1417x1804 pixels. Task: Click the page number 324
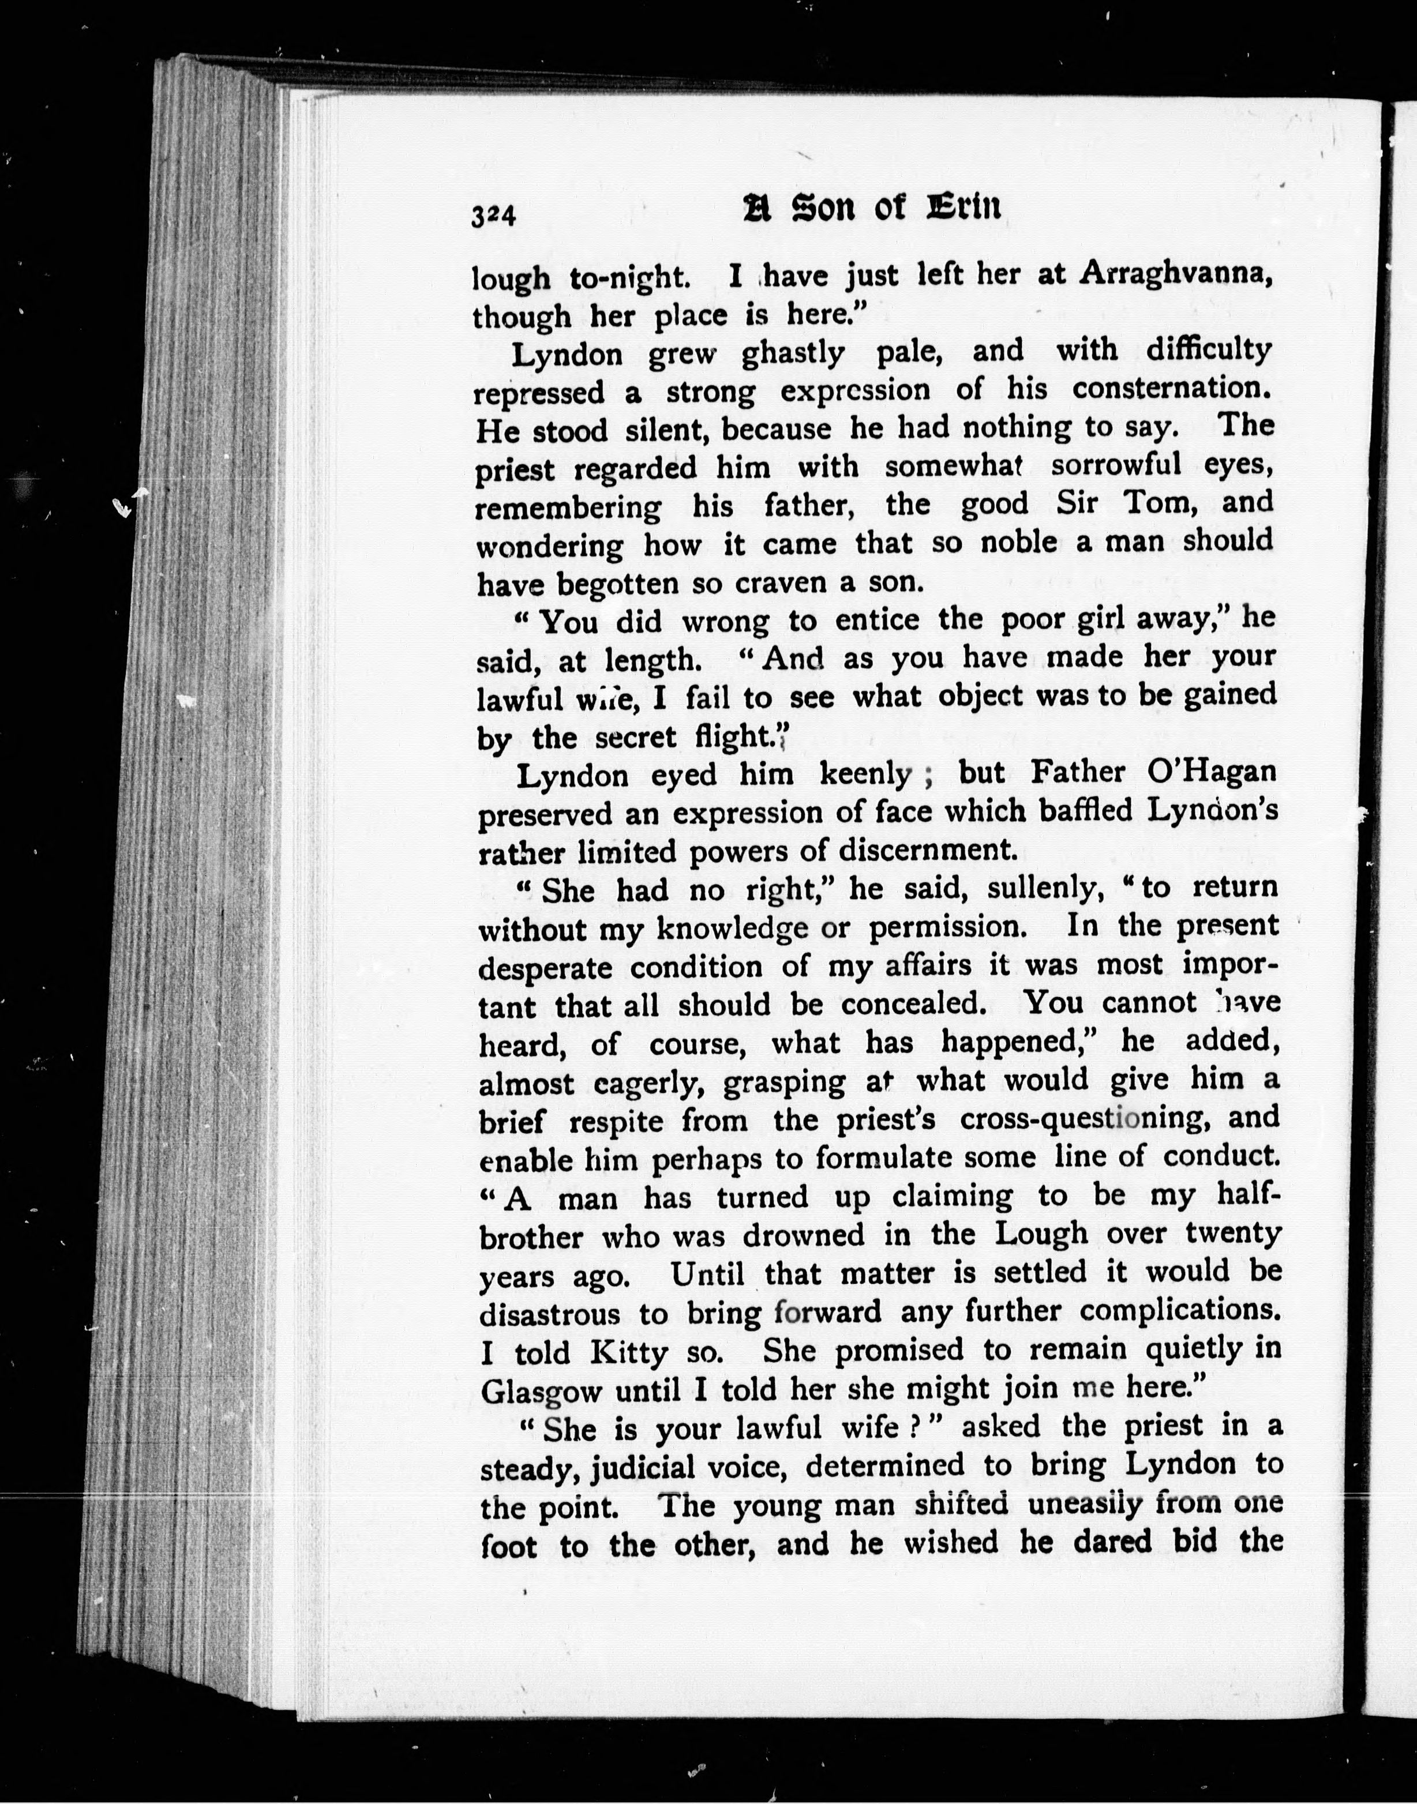[494, 216]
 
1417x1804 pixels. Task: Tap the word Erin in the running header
[962, 208]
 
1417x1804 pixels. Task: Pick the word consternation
[1172, 388]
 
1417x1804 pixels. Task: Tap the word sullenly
[1045, 888]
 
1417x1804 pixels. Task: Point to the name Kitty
[629, 1353]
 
